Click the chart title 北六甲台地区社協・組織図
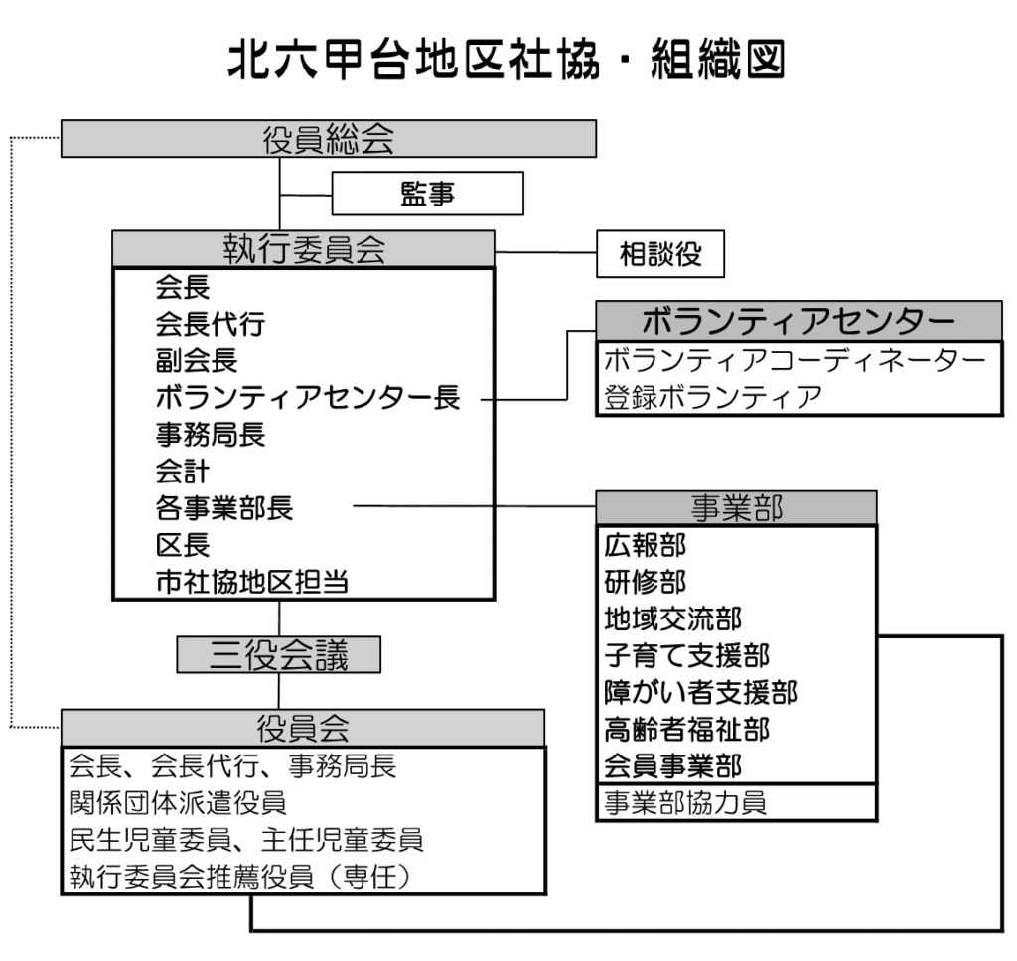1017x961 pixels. point(507,63)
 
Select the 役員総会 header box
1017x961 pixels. point(328,139)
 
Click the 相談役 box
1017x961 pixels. point(660,255)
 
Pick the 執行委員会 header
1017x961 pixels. point(303,248)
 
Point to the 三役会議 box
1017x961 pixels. point(279,654)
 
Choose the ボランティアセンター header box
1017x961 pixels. point(799,322)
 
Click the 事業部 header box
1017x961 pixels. point(735,507)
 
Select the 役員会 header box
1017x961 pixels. point(303,728)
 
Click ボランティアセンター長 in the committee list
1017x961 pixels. point(308,398)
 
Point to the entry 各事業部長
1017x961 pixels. point(224,508)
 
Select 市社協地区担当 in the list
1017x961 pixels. point(252,583)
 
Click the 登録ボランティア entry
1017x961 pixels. point(713,398)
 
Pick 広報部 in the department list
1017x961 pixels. point(645,545)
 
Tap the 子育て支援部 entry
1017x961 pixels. point(686,655)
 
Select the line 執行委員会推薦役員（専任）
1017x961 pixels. point(239,877)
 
